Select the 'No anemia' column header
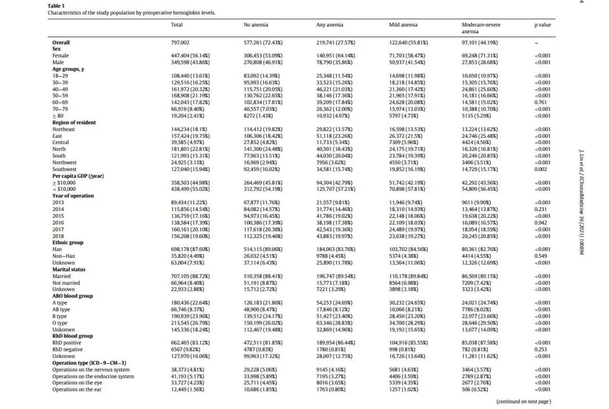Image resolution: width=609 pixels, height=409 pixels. pyautogui.click(x=256, y=25)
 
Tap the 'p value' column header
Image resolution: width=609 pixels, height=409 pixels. pyautogui.click(x=542, y=25)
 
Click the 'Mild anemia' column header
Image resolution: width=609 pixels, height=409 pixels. pyautogui.click(x=403, y=25)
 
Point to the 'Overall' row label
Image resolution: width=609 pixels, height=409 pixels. pyautogui.click(x=61, y=42)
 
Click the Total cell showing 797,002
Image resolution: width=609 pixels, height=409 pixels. pyautogui.click(x=180, y=42)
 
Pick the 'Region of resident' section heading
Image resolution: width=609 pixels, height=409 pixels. pyautogui.click(x=74, y=122)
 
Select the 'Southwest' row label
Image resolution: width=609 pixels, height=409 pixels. pyautogui.click(x=64, y=169)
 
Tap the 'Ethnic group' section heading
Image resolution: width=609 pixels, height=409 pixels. pyautogui.click(x=68, y=243)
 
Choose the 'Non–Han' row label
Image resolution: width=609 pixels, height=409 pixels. pyautogui.click(x=63, y=256)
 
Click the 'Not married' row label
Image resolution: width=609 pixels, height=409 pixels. pyautogui.click(x=65, y=283)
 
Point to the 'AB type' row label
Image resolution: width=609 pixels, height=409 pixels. pyautogui.click(x=61, y=310)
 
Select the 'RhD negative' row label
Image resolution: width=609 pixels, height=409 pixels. pyautogui.click(x=67, y=350)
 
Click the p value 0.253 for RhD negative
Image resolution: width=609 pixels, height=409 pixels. pyautogui.click(x=542, y=350)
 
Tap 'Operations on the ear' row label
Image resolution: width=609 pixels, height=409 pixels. pyautogui.click(x=81, y=390)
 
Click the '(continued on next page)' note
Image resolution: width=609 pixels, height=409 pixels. pyautogui.click(x=523, y=402)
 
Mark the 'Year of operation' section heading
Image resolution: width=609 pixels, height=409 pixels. pyautogui.click(x=73, y=196)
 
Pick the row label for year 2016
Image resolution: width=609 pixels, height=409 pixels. pyautogui.click(x=58, y=223)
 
